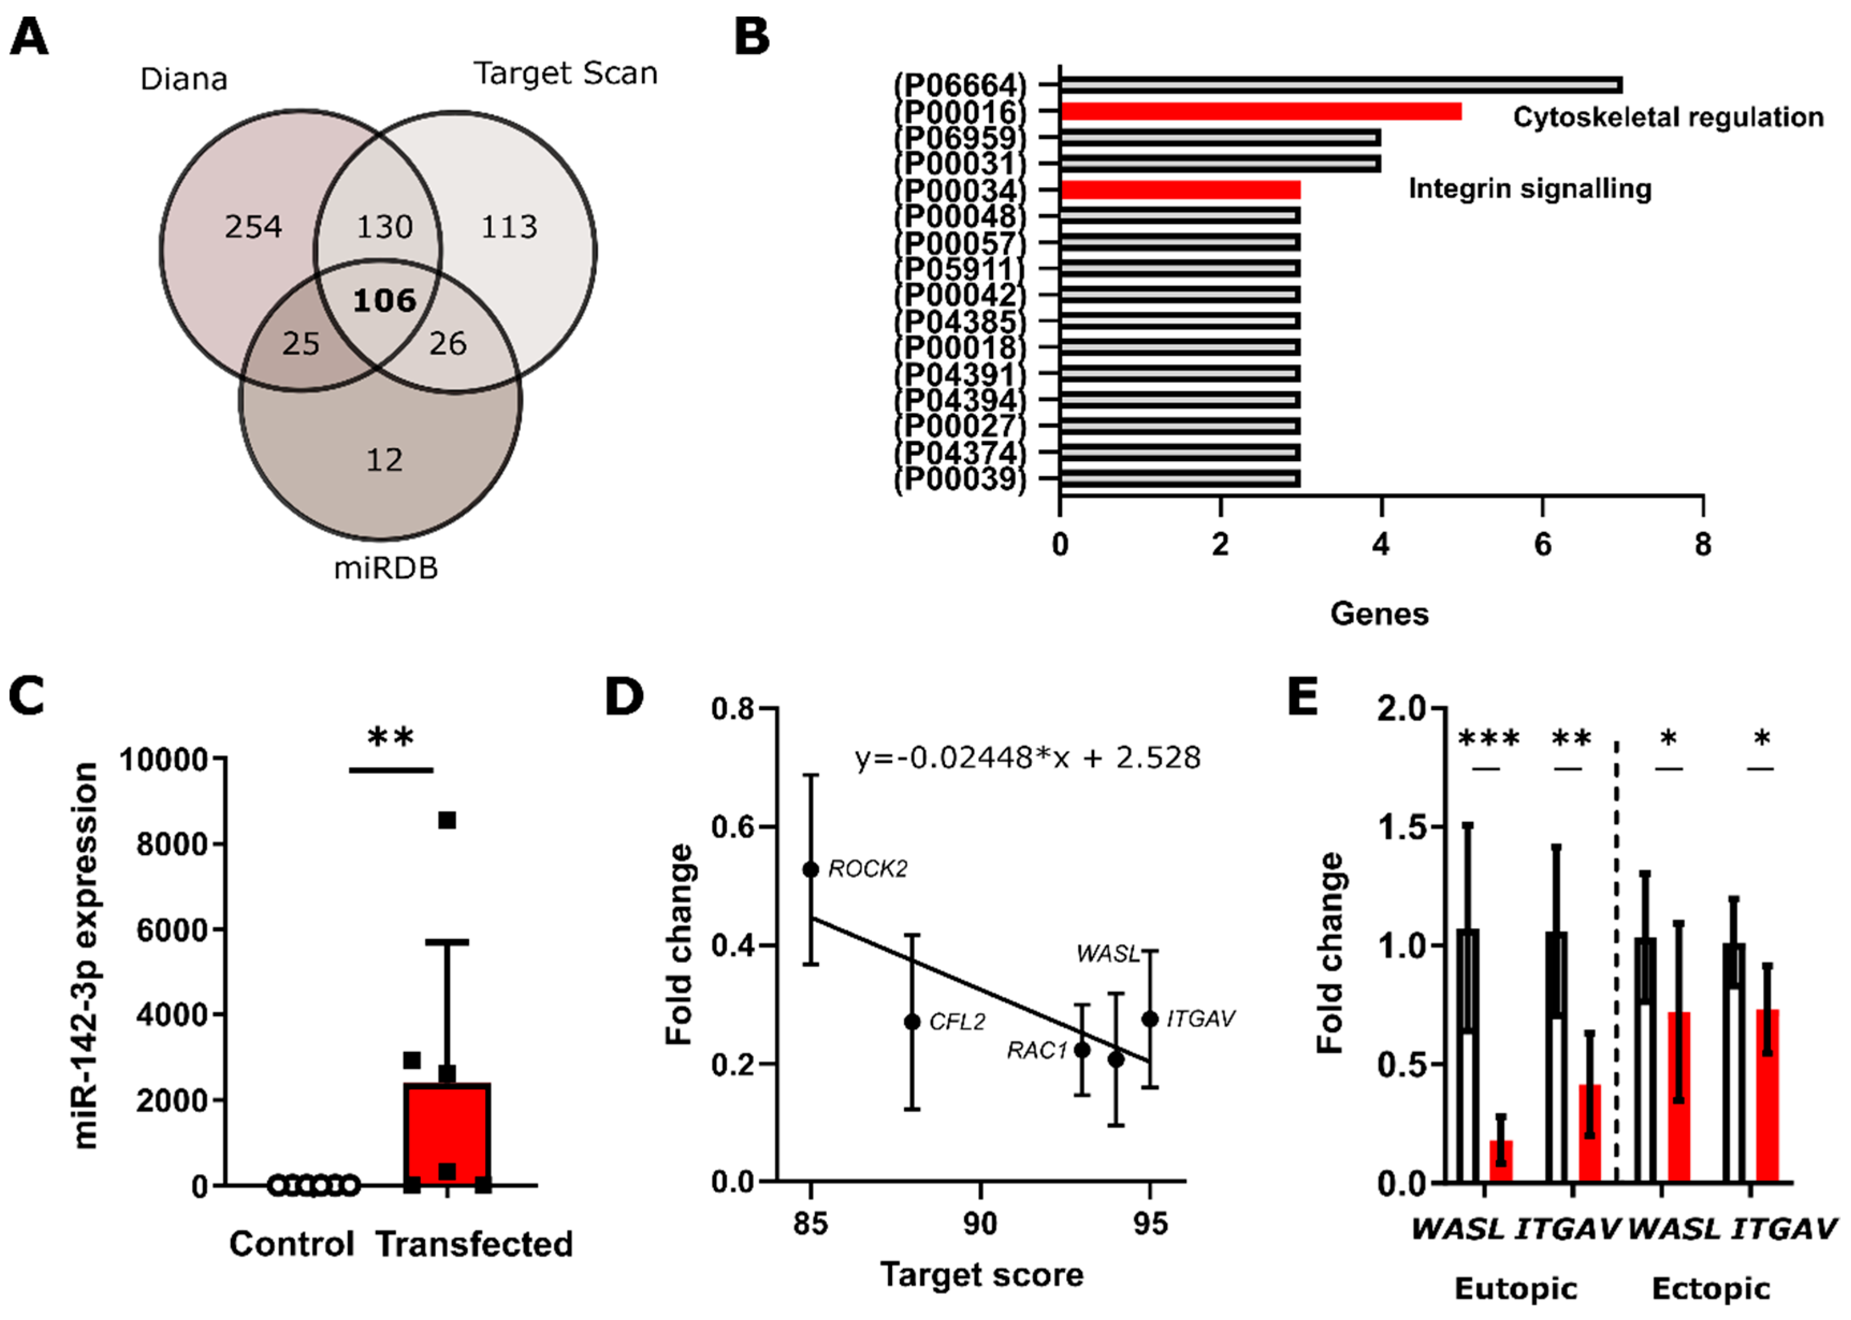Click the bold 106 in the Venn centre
click(x=384, y=301)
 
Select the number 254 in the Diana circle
click(x=253, y=227)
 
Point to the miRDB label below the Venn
click(x=385, y=568)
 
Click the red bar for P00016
click(x=1260, y=111)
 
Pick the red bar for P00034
click(x=1180, y=190)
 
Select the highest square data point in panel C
click(x=447, y=821)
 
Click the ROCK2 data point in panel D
click(x=811, y=870)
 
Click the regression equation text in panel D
click(x=1027, y=759)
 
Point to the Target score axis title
click(x=981, y=1274)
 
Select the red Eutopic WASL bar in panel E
click(x=1500, y=1160)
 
